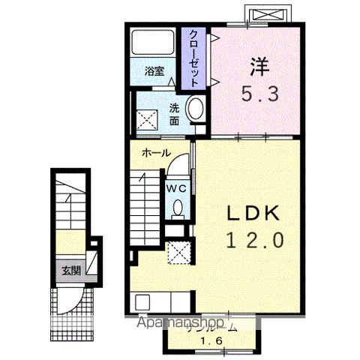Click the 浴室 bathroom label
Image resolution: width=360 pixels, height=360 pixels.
point(154,73)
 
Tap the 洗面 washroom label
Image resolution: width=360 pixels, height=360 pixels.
point(173,113)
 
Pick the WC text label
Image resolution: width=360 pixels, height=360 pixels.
point(176,187)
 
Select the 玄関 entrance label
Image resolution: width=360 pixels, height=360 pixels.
point(70,270)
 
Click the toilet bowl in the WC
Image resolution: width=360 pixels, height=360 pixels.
point(178,207)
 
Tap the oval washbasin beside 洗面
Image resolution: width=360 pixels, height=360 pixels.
point(195,109)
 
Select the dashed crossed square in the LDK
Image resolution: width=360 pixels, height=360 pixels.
point(179,253)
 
